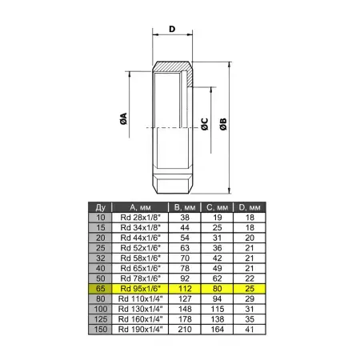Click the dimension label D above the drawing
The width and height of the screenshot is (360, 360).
pos(172,29)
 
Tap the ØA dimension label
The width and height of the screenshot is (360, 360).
pos(123,118)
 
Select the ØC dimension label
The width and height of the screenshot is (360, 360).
pos(205,124)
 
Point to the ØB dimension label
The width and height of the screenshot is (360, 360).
pos(223,124)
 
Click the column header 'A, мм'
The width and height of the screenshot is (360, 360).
pos(140,207)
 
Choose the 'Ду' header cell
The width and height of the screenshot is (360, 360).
pos(100,207)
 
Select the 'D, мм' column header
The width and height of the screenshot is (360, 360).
pos(250,207)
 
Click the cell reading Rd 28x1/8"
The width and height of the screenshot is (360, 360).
pos(140,218)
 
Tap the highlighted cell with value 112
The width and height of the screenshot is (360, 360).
pos(185,289)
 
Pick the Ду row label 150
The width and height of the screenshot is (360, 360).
pos(101,329)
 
